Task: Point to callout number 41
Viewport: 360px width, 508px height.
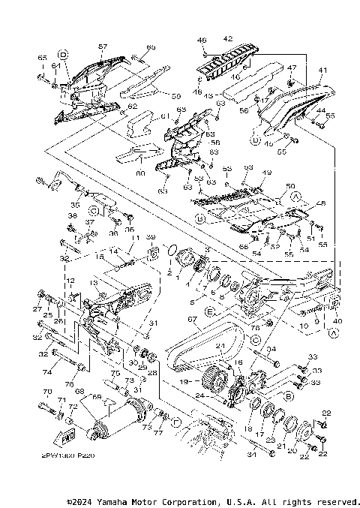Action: tap(323, 71)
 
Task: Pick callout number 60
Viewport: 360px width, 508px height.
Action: tap(139, 173)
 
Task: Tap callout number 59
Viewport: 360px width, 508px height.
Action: tap(177, 95)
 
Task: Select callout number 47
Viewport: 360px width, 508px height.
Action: tap(292, 68)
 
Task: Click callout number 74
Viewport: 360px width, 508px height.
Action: tap(48, 372)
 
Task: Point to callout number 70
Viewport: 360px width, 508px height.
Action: tap(46, 392)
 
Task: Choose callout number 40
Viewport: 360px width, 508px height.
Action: tap(337, 320)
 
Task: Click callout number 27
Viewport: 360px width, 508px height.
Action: tap(35, 309)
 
